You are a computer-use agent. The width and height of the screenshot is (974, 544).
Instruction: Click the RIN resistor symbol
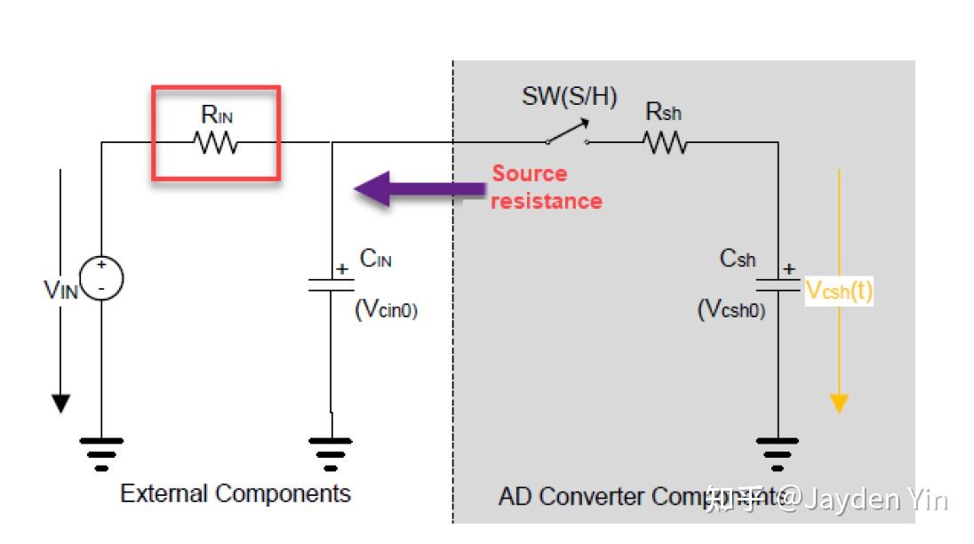click(x=216, y=142)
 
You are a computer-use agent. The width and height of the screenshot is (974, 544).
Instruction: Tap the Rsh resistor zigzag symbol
click(x=665, y=142)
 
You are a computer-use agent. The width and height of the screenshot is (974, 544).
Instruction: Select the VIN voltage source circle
click(x=101, y=278)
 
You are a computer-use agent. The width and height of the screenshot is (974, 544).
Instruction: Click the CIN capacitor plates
click(x=331, y=284)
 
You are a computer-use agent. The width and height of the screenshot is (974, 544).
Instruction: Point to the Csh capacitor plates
click(x=778, y=284)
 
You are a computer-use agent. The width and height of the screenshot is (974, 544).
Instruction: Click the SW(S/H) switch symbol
click(x=568, y=134)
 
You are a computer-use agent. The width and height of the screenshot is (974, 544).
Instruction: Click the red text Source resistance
click(x=546, y=188)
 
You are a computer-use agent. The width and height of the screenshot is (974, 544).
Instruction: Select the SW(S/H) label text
click(x=569, y=96)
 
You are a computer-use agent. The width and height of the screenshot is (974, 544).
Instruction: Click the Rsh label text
click(x=664, y=112)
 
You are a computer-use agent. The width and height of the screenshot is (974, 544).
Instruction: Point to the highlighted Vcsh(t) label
click(x=838, y=291)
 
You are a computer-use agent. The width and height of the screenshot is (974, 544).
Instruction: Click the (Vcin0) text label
click(x=387, y=309)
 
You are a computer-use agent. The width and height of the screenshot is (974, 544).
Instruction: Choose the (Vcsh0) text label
click(x=731, y=309)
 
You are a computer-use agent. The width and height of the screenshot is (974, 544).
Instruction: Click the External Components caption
click(x=236, y=493)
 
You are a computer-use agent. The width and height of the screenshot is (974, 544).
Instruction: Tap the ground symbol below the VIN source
click(x=101, y=452)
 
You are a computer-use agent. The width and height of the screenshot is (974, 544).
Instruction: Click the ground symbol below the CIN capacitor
click(x=331, y=452)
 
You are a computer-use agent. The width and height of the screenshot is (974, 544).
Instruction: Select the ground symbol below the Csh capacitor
click(x=778, y=452)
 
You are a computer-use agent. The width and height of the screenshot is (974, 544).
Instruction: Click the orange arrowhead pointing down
click(x=838, y=404)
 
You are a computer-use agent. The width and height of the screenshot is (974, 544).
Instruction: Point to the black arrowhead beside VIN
click(x=60, y=403)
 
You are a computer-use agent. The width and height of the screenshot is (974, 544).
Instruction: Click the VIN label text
click(x=60, y=290)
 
